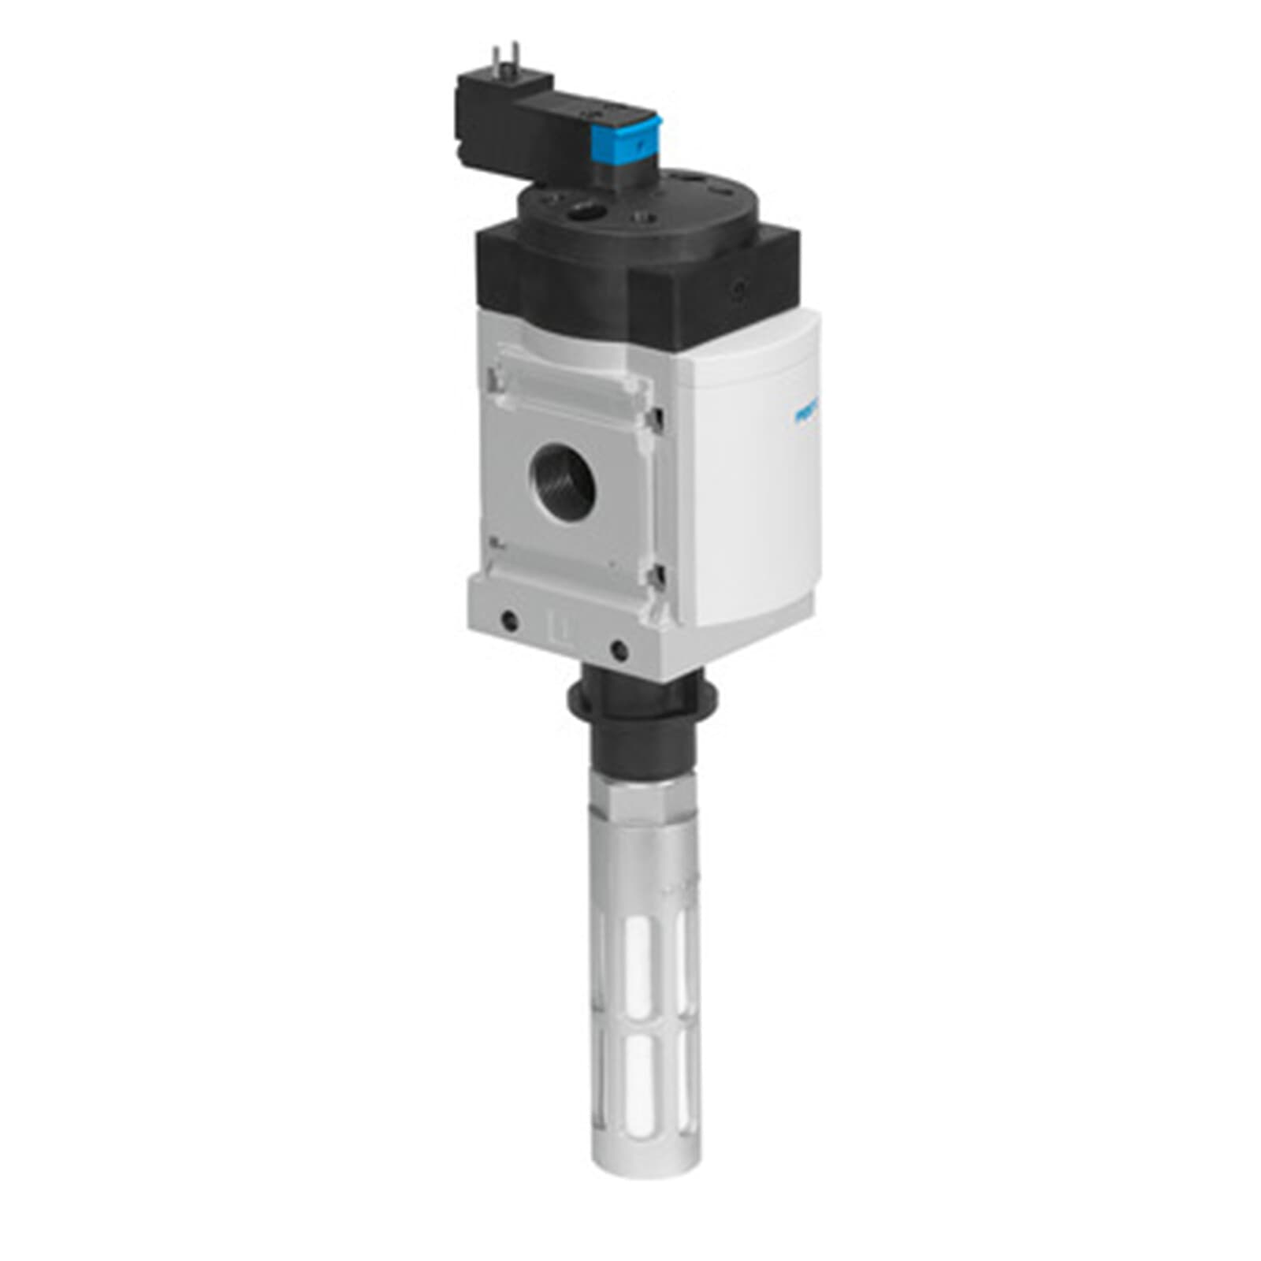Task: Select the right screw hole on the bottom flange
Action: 619,650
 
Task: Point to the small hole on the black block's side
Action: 739,290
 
